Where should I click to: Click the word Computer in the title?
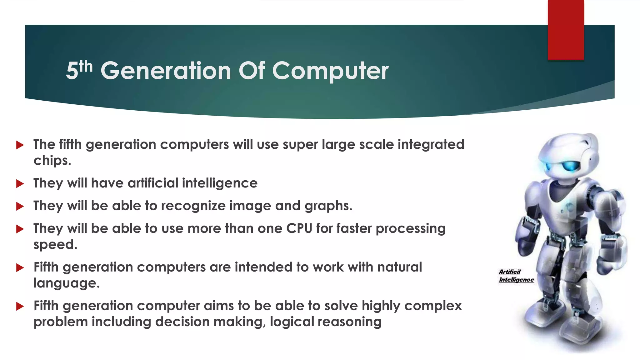330,71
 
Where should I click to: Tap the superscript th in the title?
86,66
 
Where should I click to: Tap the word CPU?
299,228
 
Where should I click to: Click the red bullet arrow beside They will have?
20,183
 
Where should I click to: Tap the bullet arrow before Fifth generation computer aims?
20,306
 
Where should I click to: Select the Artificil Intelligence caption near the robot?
516,276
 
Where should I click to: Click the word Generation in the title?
166,71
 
